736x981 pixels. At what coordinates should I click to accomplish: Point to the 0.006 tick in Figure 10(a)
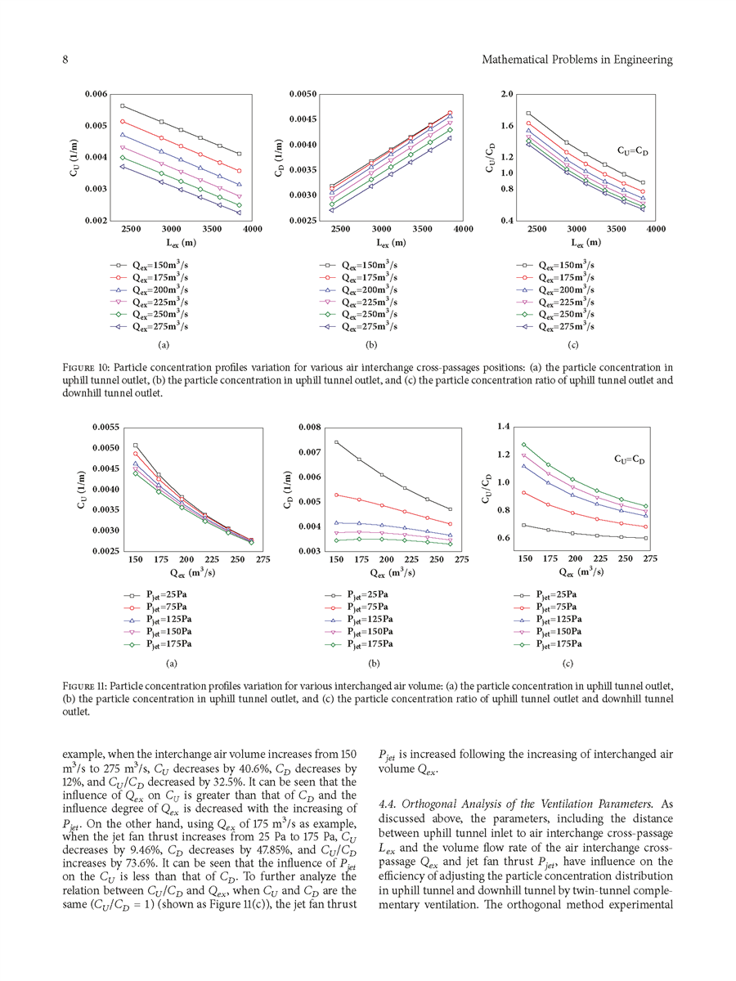click(97, 95)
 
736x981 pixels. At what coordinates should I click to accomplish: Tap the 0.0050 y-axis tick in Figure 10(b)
click(304, 95)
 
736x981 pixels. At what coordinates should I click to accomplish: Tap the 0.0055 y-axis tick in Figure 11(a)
click(103, 428)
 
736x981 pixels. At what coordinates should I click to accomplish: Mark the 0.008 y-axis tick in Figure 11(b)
click(306, 428)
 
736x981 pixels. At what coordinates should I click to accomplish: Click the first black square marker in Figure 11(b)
click(336, 442)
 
